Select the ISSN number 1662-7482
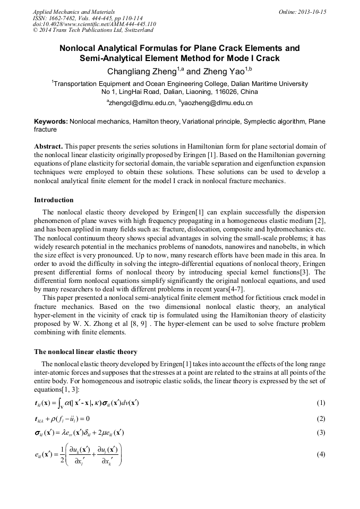[66, 18]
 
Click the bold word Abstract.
[48, 146]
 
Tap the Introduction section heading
[54, 200]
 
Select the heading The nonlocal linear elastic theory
[85, 352]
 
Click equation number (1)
[321, 403]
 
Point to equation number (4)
[321, 454]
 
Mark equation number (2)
[321, 418]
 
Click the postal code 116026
[215, 91]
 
